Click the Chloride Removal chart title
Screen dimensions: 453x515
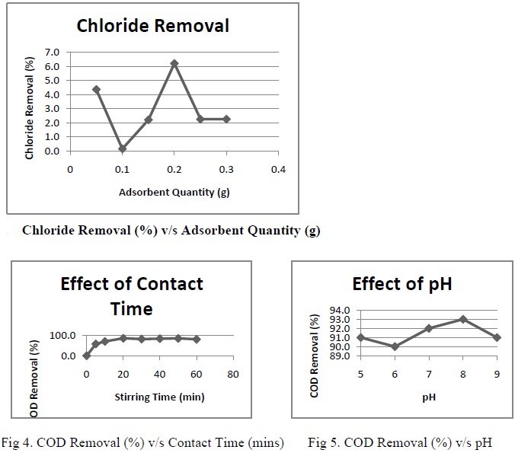(152, 26)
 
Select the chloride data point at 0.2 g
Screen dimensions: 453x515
(174, 63)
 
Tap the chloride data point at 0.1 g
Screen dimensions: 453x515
(122, 148)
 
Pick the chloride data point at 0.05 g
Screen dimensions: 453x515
(96, 89)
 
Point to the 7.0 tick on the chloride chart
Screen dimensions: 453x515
(52, 52)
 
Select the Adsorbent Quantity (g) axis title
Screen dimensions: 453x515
(174, 192)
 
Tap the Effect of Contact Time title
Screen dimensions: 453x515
(132, 295)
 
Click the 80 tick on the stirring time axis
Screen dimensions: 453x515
(233, 375)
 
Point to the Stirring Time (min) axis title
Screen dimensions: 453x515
(159, 397)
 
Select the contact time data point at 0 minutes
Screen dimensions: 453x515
(87, 355)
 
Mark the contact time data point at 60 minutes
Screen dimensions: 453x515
(197, 339)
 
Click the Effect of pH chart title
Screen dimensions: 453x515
(401, 284)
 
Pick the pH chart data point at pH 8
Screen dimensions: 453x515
(462, 319)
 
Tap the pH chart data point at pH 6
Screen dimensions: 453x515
(395, 346)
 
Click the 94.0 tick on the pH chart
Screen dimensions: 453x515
(339, 311)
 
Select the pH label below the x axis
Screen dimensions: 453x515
(428, 396)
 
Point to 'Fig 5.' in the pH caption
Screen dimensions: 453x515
(325, 442)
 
